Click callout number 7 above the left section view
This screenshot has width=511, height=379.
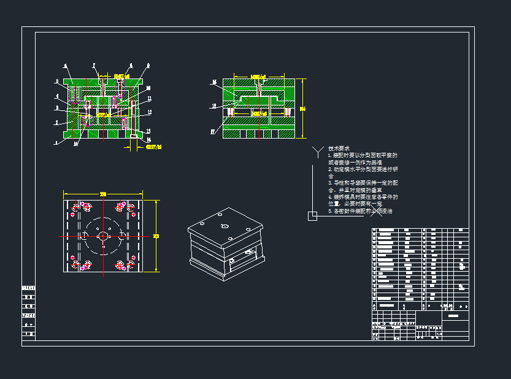(x=94, y=64)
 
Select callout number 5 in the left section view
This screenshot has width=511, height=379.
(x=57, y=81)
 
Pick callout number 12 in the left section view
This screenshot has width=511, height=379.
(x=149, y=112)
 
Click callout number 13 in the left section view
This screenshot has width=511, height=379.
(x=148, y=131)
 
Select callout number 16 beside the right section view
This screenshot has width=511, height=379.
(x=214, y=82)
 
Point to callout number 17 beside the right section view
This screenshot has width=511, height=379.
(x=213, y=131)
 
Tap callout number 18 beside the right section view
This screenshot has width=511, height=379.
(x=213, y=105)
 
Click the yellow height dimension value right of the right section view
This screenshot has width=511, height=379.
(x=302, y=109)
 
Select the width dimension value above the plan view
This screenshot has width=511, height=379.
(x=103, y=194)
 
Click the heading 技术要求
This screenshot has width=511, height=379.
(x=339, y=148)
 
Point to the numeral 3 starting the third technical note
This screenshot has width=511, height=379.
(x=329, y=183)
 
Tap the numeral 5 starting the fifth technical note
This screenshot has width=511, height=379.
(x=329, y=211)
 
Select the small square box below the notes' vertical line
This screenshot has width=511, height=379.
(x=312, y=215)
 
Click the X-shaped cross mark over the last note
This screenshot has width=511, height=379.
(x=379, y=210)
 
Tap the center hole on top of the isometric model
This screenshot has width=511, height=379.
(x=224, y=226)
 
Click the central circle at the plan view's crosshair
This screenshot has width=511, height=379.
(x=103, y=236)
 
